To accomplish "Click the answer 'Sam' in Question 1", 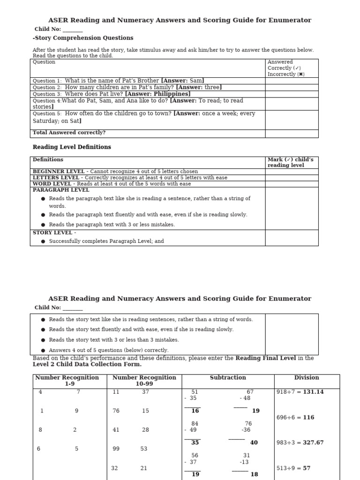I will (197, 81).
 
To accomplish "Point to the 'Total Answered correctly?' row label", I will (69, 133).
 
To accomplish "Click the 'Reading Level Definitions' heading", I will (72, 147).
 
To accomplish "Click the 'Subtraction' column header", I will (228, 377).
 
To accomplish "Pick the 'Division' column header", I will (307, 377).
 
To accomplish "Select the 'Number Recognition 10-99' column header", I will (144, 381).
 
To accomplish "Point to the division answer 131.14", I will (313, 392).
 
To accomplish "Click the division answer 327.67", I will (313, 442).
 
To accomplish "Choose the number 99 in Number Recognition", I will (116, 449).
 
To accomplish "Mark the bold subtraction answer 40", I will (254, 442).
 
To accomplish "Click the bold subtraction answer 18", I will (254, 474).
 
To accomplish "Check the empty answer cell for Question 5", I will (292, 120).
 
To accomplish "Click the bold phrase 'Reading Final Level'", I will (265, 358).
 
